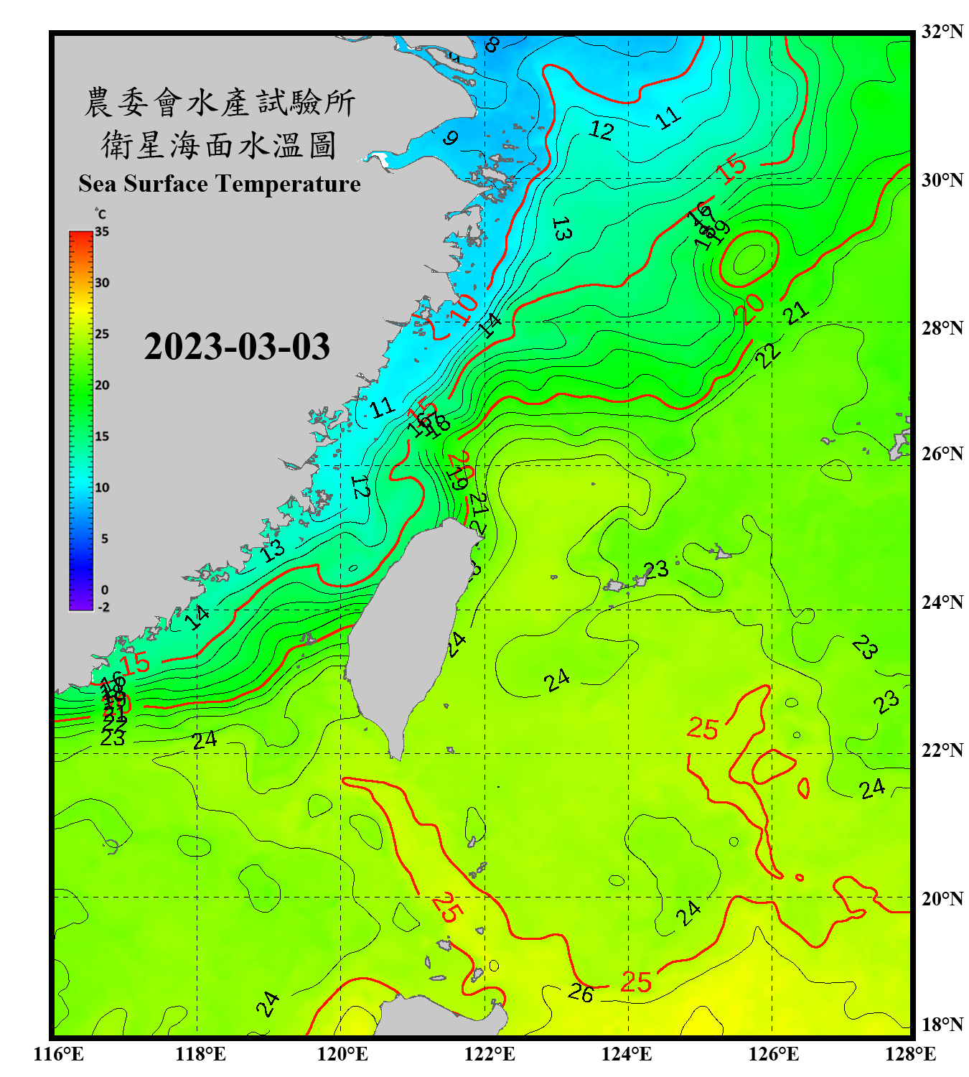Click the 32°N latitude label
coord(942,32)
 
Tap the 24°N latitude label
coord(942,602)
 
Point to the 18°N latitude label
coord(942,1025)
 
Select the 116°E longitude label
coord(58,1054)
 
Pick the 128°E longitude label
coord(910,1054)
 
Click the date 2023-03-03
coord(237,347)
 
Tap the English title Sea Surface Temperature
coord(220,184)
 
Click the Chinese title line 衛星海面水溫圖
coord(219,145)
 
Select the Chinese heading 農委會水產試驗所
coord(219,103)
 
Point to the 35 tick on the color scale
coord(102,232)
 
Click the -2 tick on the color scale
coord(103,607)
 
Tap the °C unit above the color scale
coord(100,214)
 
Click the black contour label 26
coord(581,993)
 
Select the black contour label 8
coord(492,45)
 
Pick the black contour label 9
coord(450,137)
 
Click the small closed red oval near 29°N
coord(749,258)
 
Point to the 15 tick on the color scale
coord(102,437)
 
